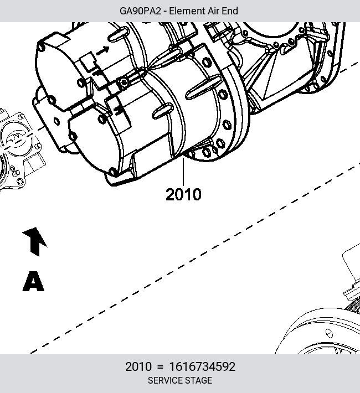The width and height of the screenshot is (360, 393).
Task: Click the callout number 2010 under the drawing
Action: pos(183,194)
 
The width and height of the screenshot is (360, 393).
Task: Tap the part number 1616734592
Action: pos(203,366)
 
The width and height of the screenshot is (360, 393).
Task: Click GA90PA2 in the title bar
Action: pos(140,11)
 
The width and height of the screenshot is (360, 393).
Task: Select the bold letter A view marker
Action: pos(33,281)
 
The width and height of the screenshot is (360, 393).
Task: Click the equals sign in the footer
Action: pos(160,367)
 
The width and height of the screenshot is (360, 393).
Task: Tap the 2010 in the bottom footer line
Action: pos(138,366)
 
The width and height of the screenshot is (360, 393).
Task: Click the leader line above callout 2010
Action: pos(183,172)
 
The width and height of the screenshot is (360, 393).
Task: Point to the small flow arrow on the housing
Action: pos(102,50)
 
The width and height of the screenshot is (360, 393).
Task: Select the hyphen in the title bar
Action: pos(165,12)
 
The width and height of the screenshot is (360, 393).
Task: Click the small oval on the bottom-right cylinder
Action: pos(329,333)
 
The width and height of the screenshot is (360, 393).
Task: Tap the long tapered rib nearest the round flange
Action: pos(203,87)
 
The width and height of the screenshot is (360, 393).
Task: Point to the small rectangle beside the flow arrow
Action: pos(88,61)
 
